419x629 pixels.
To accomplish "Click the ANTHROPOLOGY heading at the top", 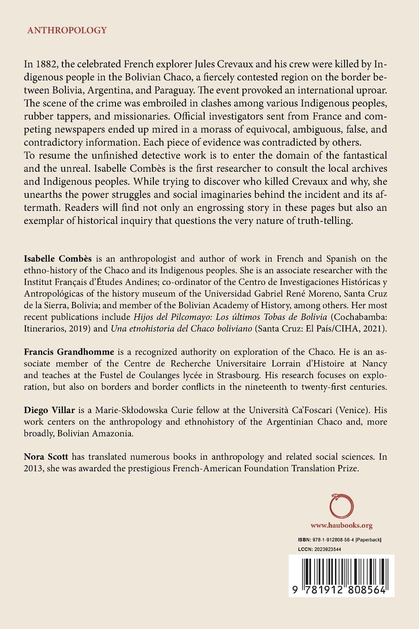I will point(67,31).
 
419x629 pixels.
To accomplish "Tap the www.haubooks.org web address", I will point(341,525).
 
